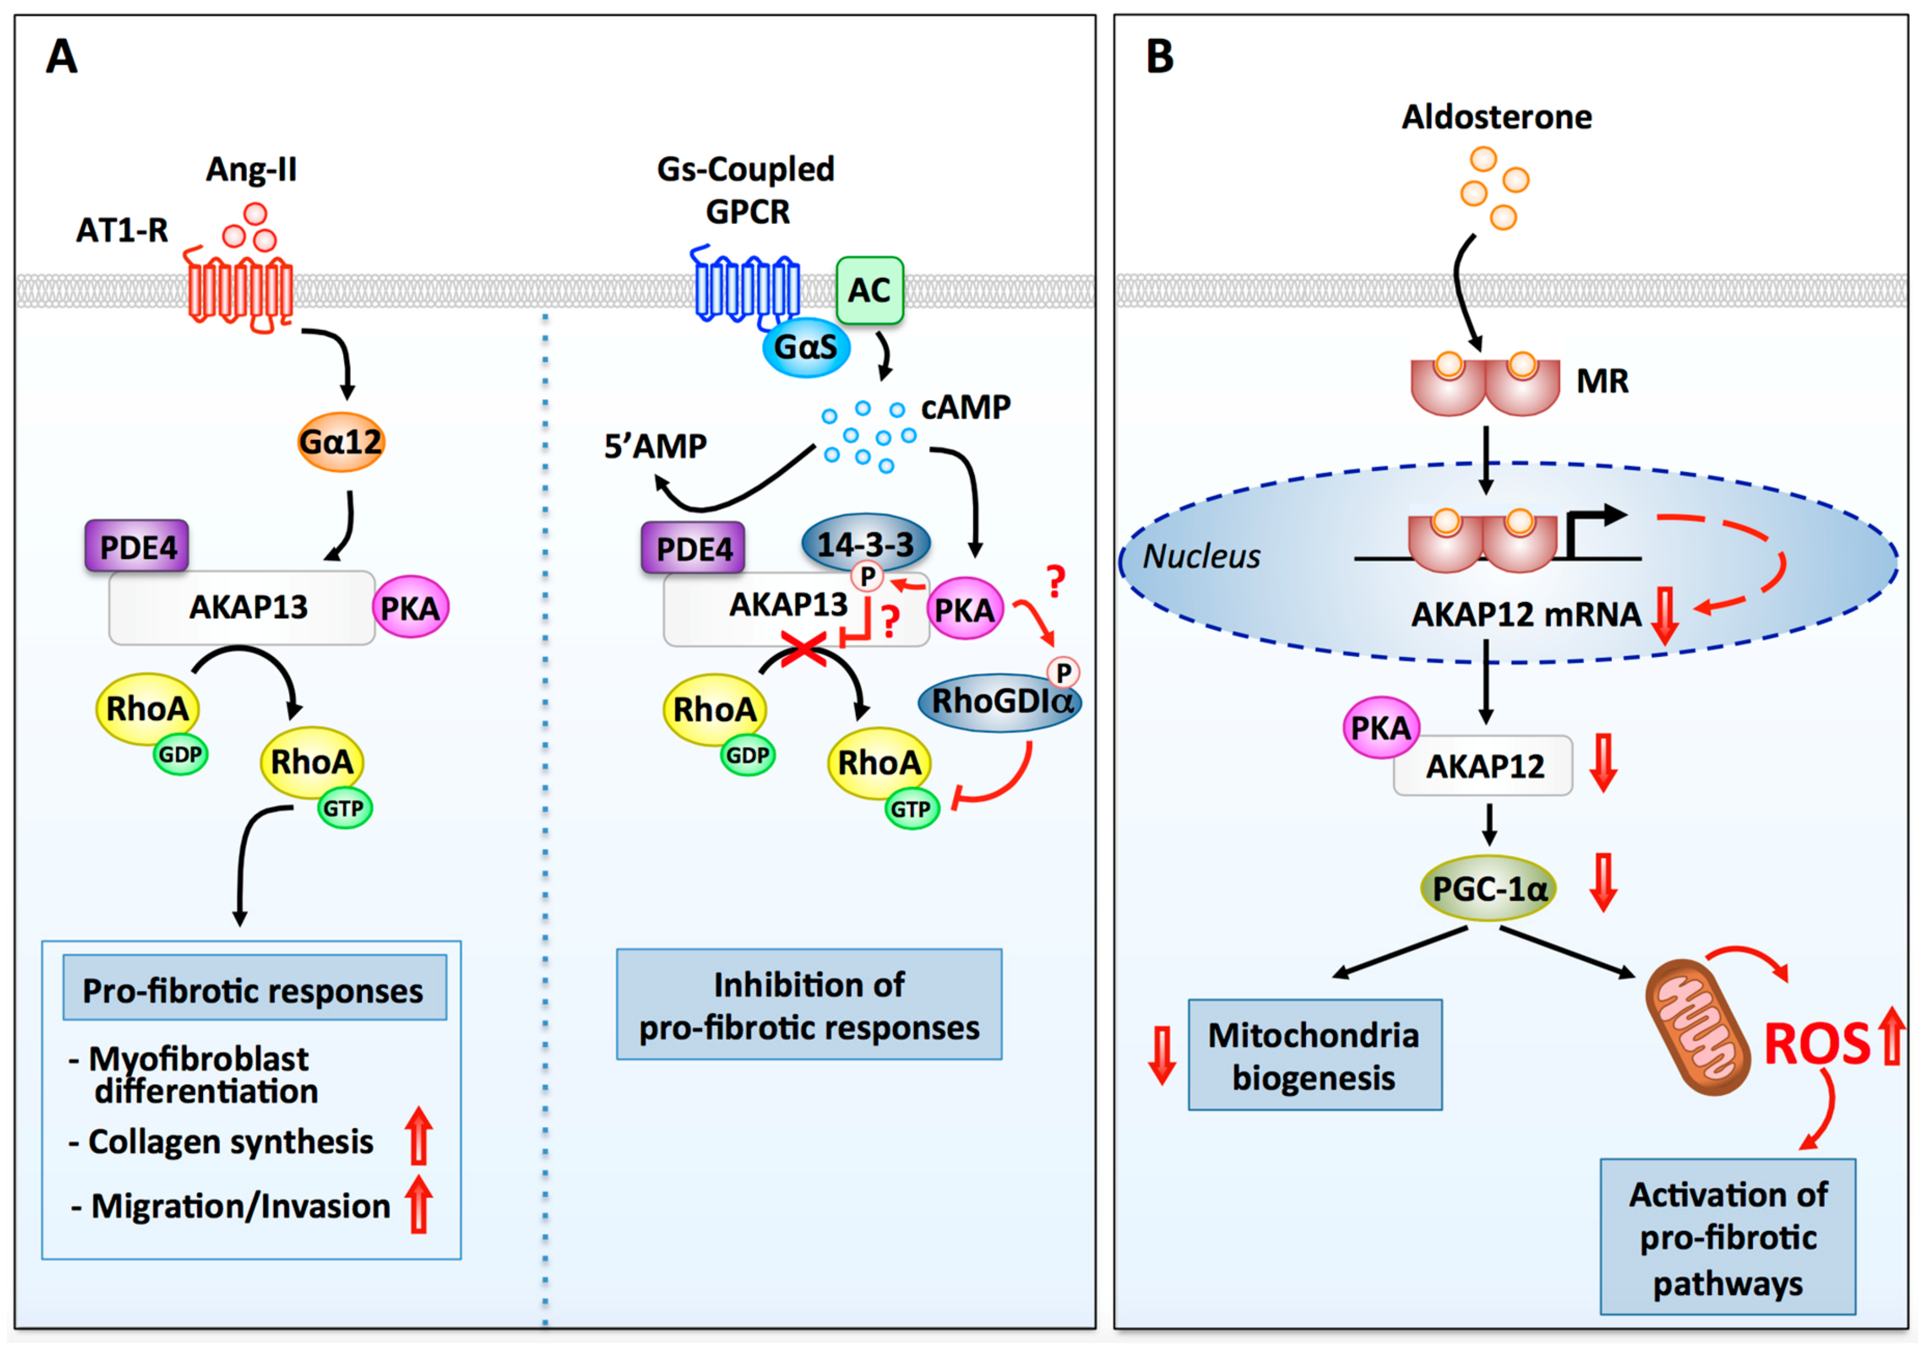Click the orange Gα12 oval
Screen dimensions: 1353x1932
tap(341, 441)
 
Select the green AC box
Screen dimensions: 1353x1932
tap(869, 290)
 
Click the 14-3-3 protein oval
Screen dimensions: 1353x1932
tap(865, 544)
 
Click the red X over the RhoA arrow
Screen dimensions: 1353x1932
tap(803, 649)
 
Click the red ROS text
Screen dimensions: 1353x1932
tap(1816, 1045)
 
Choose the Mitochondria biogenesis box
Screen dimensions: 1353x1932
tap(1314, 1056)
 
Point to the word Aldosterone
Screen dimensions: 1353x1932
tap(1496, 117)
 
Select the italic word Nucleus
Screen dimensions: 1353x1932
tap(1201, 557)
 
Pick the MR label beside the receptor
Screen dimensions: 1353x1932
tap(1602, 381)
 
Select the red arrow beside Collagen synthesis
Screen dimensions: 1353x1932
tap(418, 1136)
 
